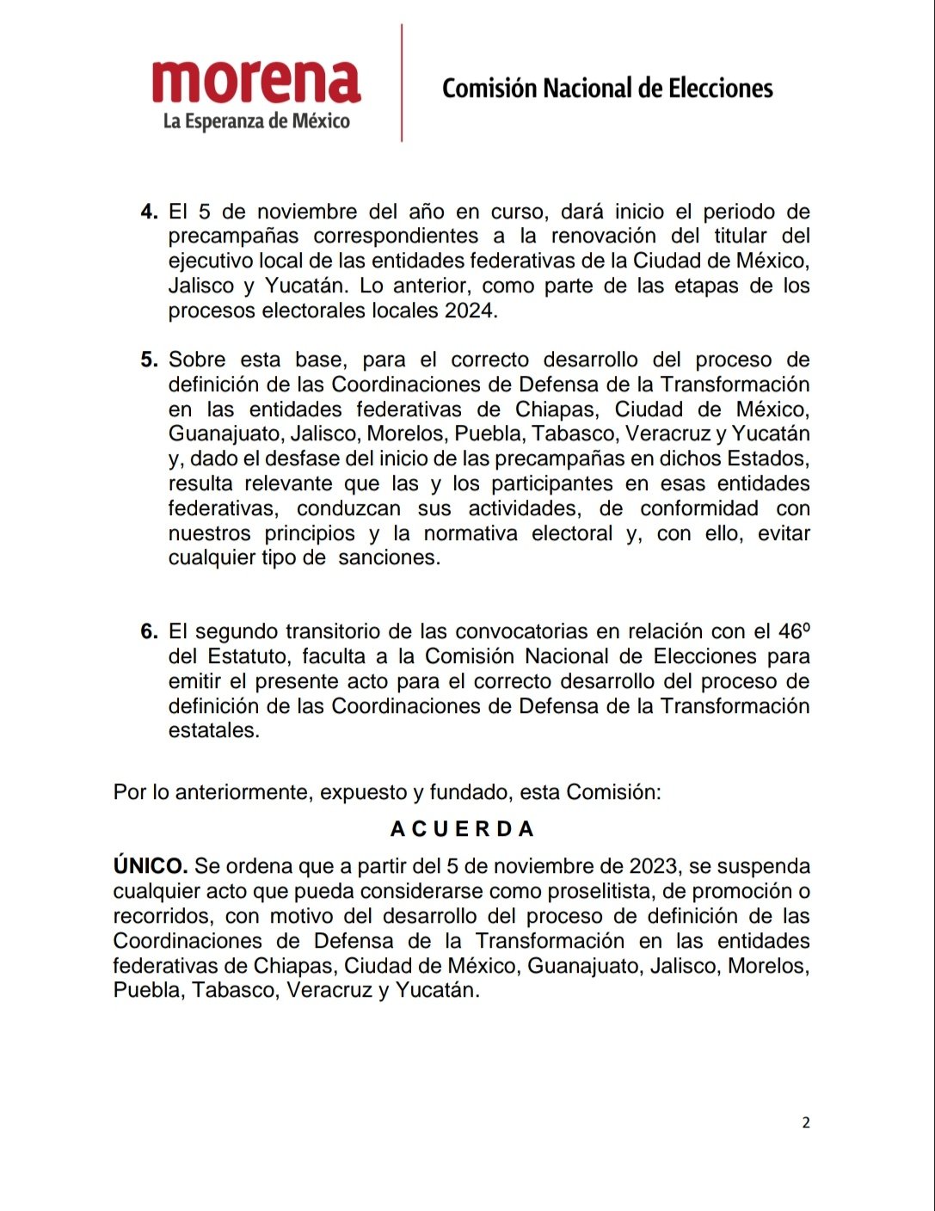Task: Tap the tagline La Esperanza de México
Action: (256, 121)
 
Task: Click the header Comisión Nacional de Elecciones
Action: (607, 88)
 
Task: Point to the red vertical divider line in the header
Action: (402, 83)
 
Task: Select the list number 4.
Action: (149, 212)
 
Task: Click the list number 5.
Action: (149, 360)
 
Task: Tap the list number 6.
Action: (149, 631)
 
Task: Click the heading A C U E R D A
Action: (463, 829)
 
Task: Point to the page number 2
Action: (806, 1122)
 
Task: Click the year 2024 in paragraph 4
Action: (470, 310)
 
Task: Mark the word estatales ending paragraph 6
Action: (213, 731)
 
